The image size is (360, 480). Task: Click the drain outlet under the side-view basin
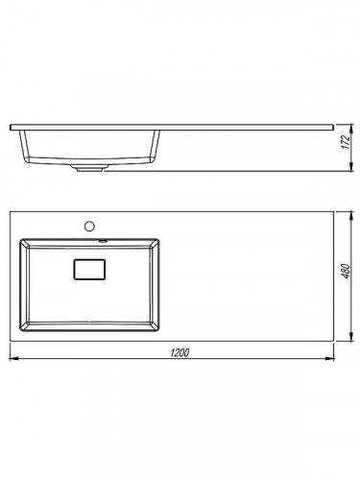click(x=92, y=169)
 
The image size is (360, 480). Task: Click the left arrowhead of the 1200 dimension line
click(x=12, y=360)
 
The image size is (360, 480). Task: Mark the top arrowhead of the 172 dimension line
click(x=348, y=126)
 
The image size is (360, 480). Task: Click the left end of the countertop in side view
click(x=12, y=127)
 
